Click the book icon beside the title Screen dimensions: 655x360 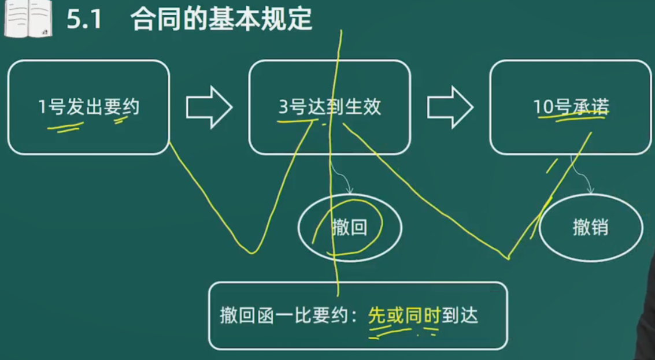coord(28,19)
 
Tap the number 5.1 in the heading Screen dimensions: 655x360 coord(84,19)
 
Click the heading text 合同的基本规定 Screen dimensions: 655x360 coord(221,19)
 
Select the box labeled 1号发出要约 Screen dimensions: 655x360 coord(88,107)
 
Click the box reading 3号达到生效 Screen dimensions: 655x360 coord(330,107)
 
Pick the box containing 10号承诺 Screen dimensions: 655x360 coord(571,107)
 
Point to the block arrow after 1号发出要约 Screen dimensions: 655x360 coord(209,107)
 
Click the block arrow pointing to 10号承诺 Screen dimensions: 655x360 coord(450,107)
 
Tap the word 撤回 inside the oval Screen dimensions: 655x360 coord(350,228)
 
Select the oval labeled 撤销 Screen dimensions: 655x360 coord(591,228)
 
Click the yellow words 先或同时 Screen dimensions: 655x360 coord(404,316)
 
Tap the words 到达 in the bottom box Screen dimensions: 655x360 coord(460,316)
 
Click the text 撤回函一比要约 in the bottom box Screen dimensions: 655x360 coord(284,316)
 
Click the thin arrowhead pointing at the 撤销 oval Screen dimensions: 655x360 coord(591,191)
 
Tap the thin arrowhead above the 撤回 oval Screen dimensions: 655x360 coord(350,191)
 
